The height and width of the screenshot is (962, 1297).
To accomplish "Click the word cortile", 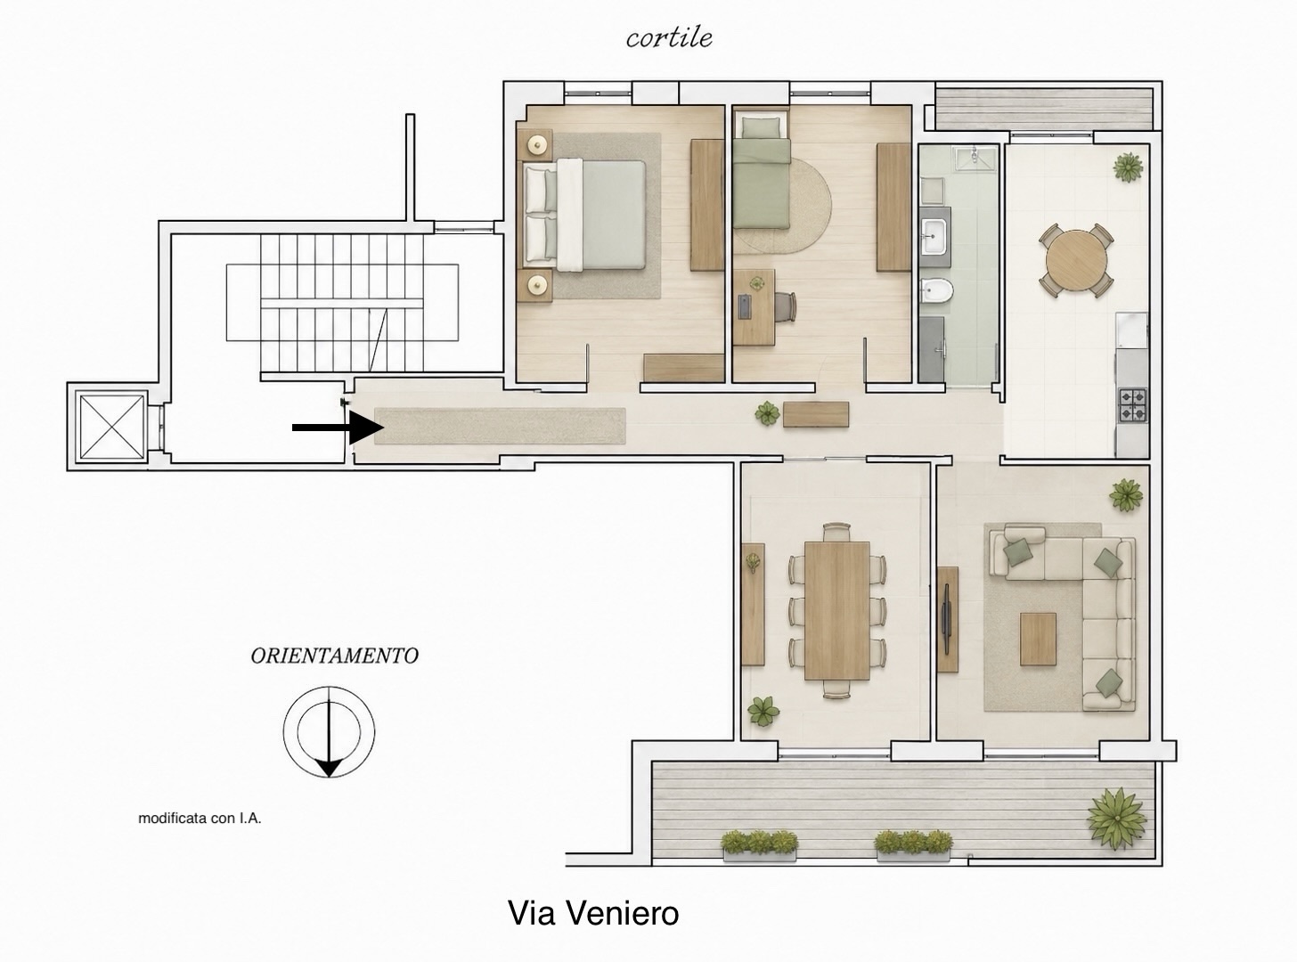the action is tap(669, 38).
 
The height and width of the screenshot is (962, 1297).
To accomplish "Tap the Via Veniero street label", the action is tap(593, 913).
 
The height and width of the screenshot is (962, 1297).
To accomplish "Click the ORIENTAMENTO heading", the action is tap(334, 656).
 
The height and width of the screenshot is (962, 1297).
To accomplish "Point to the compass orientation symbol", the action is tap(330, 731).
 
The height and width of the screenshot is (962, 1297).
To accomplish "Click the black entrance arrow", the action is tap(338, 428).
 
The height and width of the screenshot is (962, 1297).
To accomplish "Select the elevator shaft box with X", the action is tap(111, 428).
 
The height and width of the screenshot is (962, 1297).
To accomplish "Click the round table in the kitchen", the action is tap(1076, 260).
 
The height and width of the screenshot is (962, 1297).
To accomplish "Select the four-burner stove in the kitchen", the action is tap(1133, 405).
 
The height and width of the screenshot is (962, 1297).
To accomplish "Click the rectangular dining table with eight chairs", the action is tap(836, 610).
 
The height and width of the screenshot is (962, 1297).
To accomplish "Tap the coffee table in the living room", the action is tap(1038, 639).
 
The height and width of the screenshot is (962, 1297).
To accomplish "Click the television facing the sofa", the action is tap(946, 620).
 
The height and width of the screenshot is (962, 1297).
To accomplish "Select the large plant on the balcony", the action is tap(1116, 818).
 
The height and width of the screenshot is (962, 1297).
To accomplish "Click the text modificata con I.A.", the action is tap(200, 818).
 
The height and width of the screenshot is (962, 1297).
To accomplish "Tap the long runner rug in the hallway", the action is tap(500, 426).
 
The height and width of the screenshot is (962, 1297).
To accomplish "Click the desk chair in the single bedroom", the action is tap(787, 306).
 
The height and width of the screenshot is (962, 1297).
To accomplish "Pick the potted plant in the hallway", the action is tap(767, 413).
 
